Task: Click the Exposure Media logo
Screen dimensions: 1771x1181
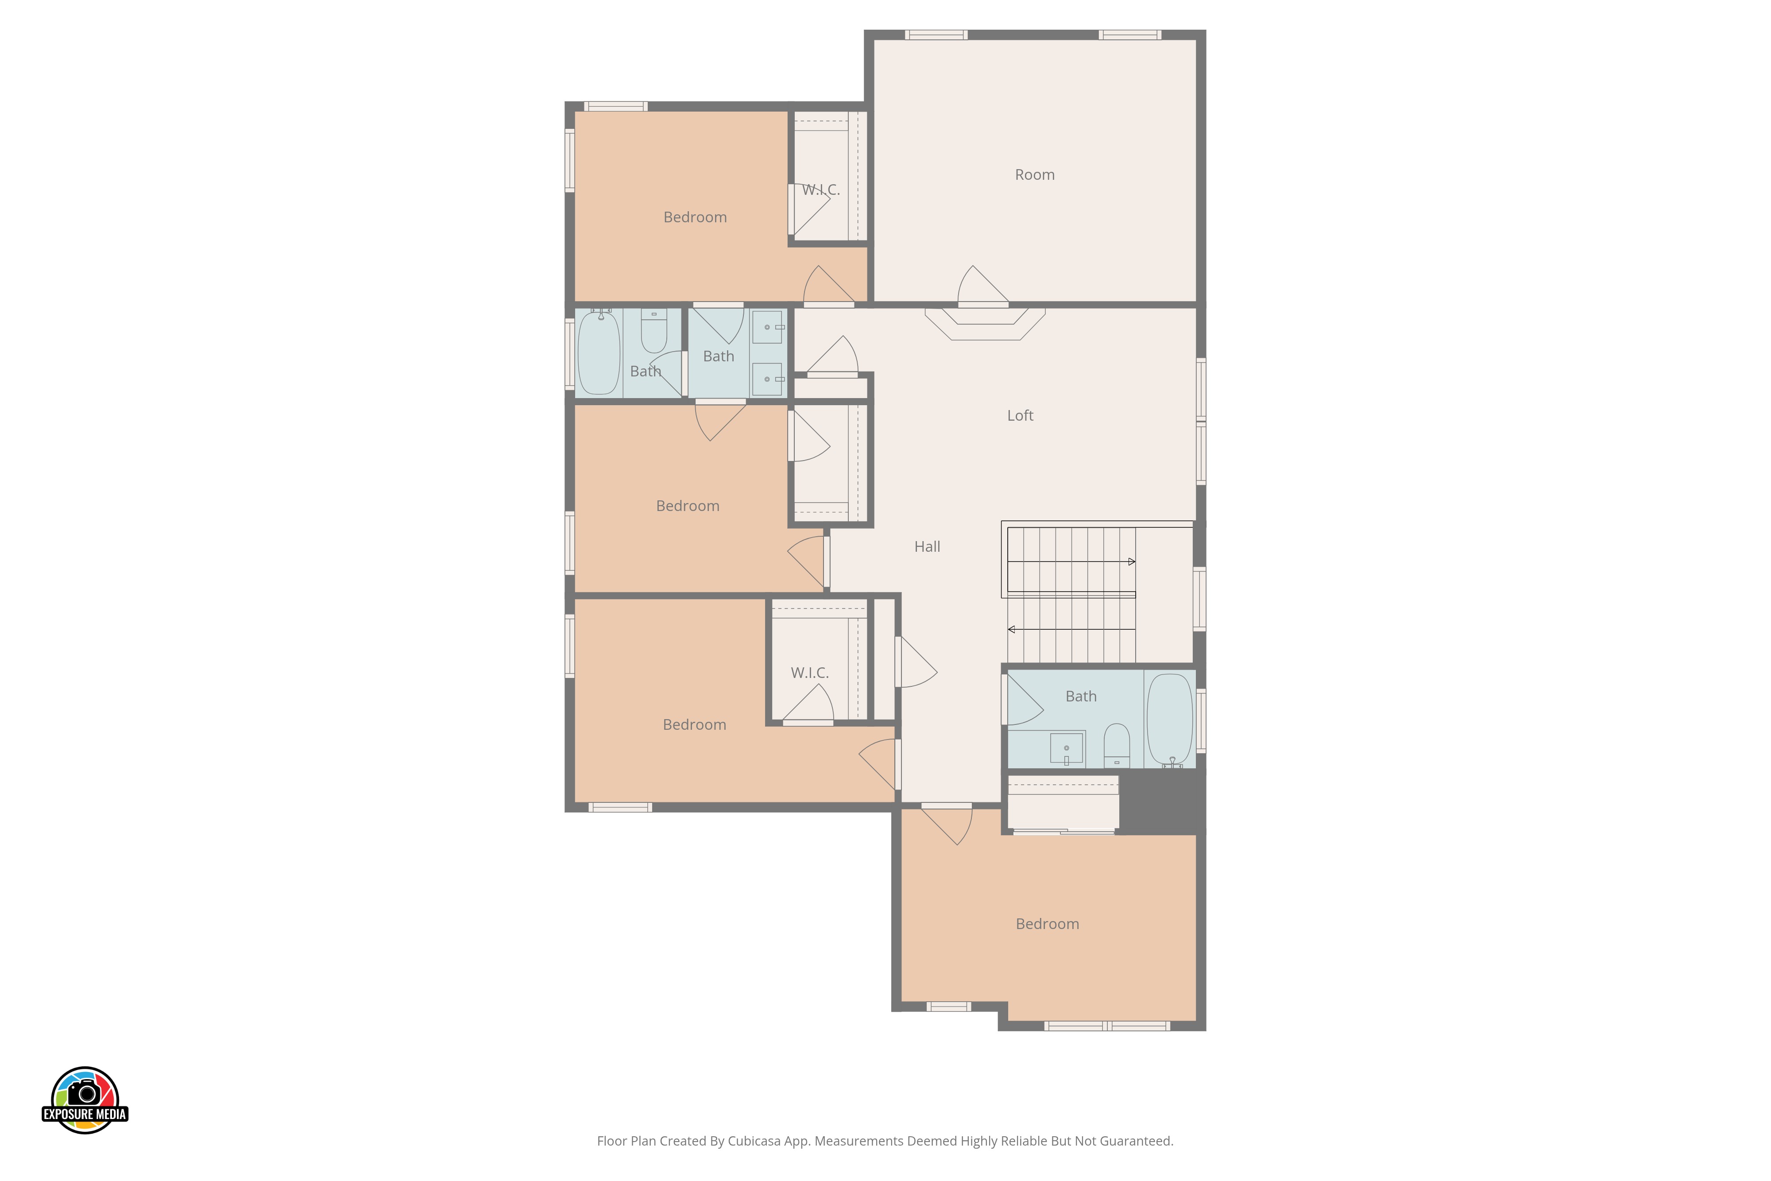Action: pos(85,1100)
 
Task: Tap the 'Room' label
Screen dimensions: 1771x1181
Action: pos(1035,175)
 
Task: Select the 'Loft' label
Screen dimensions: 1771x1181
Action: pos(1020,416)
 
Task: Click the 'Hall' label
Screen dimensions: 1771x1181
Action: pos(927,547)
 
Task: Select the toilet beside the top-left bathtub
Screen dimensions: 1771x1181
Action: pos(653,331)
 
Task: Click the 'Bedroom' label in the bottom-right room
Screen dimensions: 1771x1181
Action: pos(1048,924)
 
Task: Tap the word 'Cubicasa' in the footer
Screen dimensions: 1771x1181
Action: pos(754,1141)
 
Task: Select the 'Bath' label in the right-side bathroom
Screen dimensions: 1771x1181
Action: pos(1080,697)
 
